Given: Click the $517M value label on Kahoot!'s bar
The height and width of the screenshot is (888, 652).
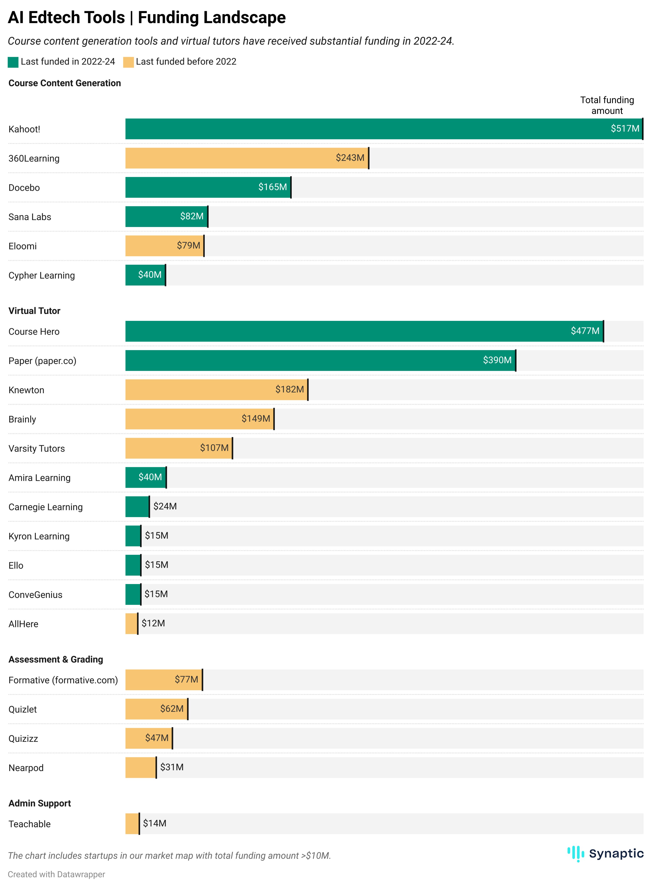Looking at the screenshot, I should coord(624,129).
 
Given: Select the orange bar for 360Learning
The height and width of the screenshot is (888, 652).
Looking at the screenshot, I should coord(229,158).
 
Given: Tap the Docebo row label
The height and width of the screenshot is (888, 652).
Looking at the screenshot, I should coord(24,188).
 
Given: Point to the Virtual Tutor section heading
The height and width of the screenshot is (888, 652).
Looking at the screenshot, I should coord(34,311).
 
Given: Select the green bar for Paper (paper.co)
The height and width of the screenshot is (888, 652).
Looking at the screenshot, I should coord(300,361).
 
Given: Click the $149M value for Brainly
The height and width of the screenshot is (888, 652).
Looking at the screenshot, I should coord(256,419).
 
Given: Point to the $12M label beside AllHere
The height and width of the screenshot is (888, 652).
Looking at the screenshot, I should coord(153,623).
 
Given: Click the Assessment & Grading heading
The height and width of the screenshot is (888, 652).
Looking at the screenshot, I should coord(56,659).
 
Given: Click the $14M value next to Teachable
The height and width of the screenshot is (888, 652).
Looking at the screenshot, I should coord(154,823).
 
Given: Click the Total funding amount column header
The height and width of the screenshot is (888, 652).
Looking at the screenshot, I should coord(607,105).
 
